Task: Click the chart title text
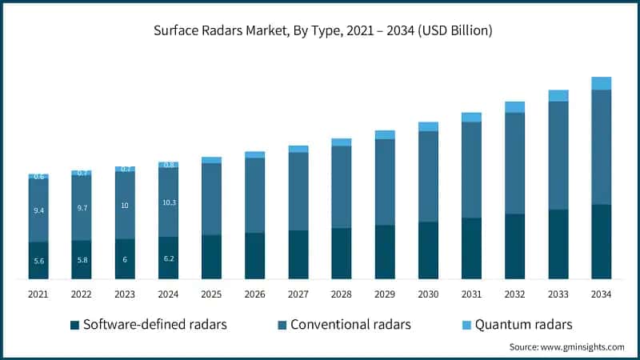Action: pos(320,31)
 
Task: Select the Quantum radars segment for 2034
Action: pos(601,83)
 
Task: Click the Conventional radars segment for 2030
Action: pos(428,176)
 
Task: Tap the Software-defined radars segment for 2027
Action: pos(298,254)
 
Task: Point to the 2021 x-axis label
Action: pos(38,294)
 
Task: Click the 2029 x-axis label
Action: pos(385,294)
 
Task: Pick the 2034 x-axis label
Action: pos(601,294)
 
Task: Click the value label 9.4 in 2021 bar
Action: pos(38,210)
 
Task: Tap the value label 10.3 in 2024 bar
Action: pos(168,202)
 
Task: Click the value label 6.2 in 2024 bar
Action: pos(168,259)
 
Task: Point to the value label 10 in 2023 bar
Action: pos(125,206)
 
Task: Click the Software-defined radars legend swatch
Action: pos(74,325)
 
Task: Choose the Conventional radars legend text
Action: pos(350,325)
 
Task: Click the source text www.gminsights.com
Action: pos(566,347)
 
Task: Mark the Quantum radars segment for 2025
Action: pos(211,160)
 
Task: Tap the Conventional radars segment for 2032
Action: pos(514,163)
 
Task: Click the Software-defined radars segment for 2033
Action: pos(558,244)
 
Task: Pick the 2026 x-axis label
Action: pos(254,294)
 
